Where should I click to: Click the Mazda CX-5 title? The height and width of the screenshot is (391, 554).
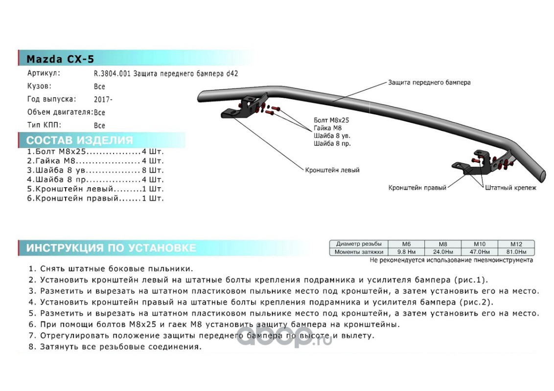coord(60,59)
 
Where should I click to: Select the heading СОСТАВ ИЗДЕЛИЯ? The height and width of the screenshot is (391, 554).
coord(79,140)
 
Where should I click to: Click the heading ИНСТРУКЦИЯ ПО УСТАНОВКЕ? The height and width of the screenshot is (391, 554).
coord(111,248)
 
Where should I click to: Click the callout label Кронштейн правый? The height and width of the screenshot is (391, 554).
coord(417,188)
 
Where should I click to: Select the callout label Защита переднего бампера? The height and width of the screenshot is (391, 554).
coord(429,83)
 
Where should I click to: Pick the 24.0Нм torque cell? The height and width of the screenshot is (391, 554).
coord(442,252)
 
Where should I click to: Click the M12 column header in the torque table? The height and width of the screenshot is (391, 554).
coord(516,244)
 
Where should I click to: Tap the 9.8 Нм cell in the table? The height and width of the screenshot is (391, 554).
coord(406,252)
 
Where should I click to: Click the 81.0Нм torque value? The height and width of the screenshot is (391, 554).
coord(516,252)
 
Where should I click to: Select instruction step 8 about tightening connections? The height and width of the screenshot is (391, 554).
coord(115,347)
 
